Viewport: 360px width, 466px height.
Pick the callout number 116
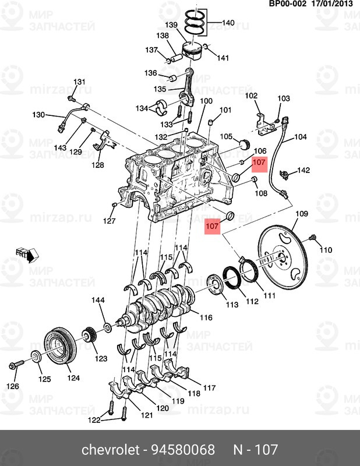pyautogui.click(x=206, y=318)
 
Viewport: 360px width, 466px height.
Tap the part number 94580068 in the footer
pyautogui.click(x=183, y=450)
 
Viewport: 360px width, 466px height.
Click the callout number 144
pyautogui.click(x=98, y=301)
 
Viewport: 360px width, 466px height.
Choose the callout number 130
pyautogui.click(x=38, y=115)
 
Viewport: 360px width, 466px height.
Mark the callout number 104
pyautogui.click(x=299, y=138)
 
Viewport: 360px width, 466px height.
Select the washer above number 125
pyautogui.click(x=35, y=357)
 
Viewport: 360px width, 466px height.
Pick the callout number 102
pyautogui.click(x=250, y=96)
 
